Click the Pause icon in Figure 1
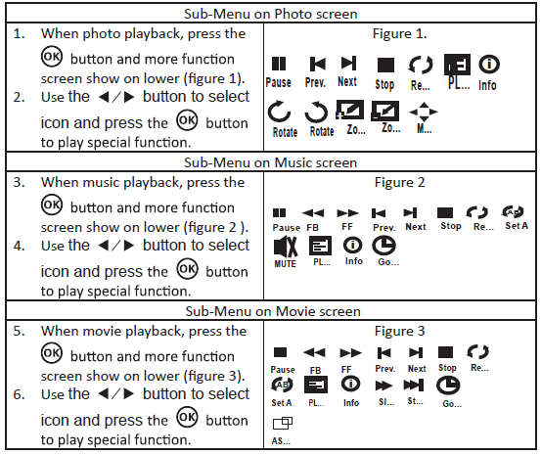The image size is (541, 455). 278,65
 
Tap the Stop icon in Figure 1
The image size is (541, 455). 384,66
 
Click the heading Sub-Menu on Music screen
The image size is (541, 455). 271,162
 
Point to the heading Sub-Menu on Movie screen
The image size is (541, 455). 271,311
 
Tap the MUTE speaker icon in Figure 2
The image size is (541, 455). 286,244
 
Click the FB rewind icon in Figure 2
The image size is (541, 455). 313,211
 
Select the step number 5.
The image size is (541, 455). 20,331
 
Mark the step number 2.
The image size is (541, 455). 20,97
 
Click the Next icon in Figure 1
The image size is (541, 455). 347,65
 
